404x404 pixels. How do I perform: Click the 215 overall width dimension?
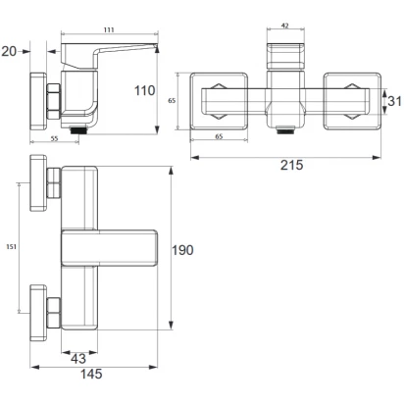click(x=291, y=165)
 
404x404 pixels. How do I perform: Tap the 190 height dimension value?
click(x=182, y=250)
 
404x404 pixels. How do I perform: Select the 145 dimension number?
click(x=91, y=374)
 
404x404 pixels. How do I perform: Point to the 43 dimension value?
click(x=78, y=359)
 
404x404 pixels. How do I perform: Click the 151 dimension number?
click(x=12, y=247)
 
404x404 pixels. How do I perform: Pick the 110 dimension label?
click(x=145, y=90)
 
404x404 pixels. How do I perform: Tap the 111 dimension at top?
click(x=109, y=29)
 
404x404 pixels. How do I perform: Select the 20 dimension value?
click(x=9, y=51)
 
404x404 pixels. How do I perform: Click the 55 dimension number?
click(x=54, y=138)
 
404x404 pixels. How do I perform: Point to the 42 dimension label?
click(x=285, y=25)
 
